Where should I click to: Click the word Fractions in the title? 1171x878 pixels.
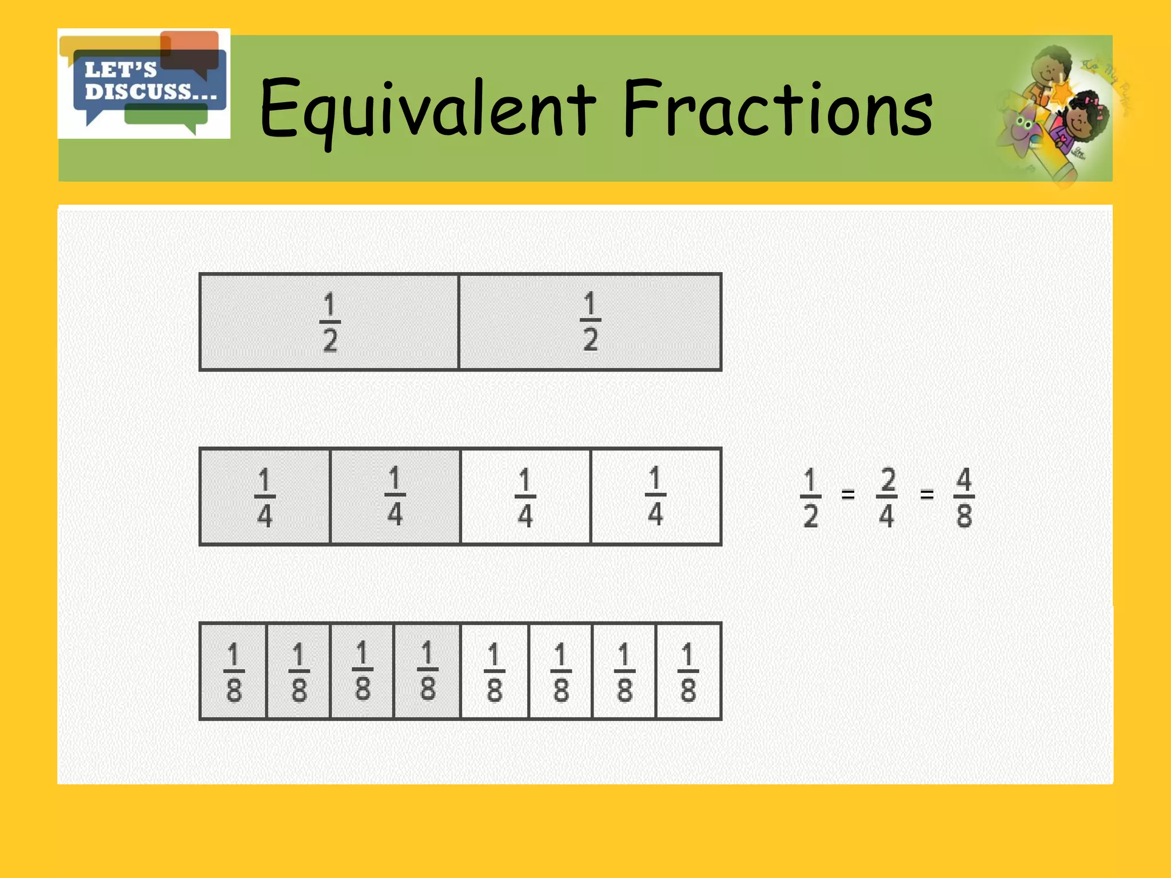778,109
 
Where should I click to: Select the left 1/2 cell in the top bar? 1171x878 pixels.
329,322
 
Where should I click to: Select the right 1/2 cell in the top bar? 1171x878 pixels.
590,322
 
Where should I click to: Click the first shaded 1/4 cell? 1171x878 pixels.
265,497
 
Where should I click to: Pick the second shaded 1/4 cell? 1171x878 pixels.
395,497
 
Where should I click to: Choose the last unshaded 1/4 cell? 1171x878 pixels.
656,497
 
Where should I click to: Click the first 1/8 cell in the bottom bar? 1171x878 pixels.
233,671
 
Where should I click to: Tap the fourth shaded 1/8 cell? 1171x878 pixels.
427,671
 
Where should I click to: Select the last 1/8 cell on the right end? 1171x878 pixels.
688,671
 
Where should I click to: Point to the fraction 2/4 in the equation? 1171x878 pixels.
887,497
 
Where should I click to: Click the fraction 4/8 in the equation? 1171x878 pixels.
964,497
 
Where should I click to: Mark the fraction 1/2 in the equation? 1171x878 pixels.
810,497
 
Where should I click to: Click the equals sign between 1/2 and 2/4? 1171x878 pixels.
848,494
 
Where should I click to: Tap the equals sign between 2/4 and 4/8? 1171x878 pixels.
927,494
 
